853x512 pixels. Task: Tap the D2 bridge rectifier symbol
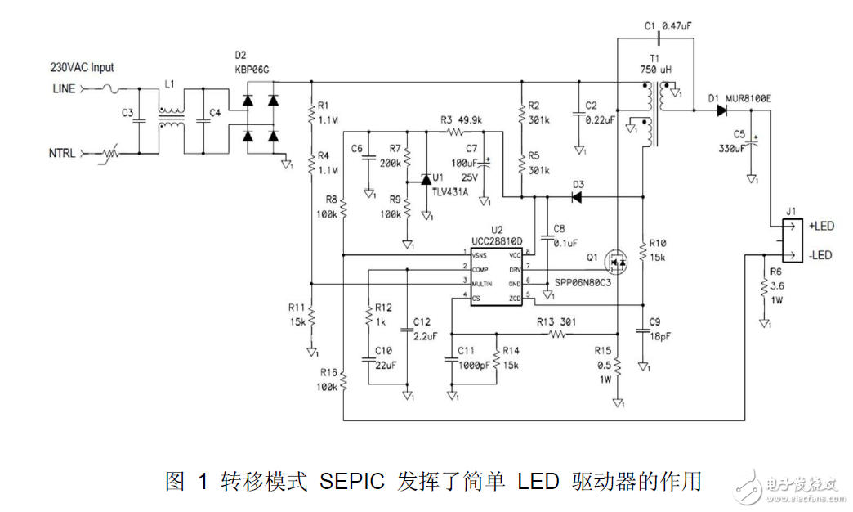[x=261, y=118]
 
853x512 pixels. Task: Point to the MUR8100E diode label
[x=753, y=99]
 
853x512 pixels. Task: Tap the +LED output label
[x=821, y=225]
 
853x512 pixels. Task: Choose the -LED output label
[x=820, y=255]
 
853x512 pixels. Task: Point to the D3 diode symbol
[x=577, y=196]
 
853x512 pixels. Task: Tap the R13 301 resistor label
[x=556, y=321]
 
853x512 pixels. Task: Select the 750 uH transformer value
[x=654, y=70]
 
